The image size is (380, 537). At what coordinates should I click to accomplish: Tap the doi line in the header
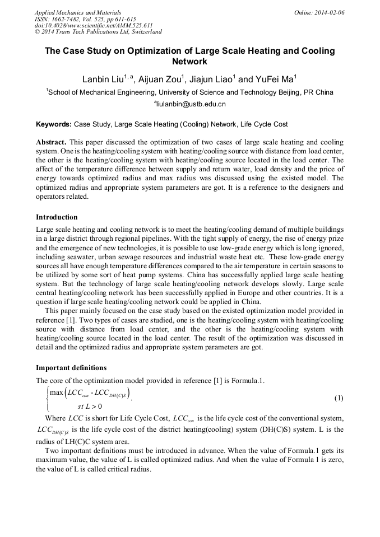pos(94,26)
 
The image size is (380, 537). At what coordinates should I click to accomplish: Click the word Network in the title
pos(189,62)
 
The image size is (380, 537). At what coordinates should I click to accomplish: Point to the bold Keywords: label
pos(54,124)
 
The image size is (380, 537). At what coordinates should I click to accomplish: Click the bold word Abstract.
pos(52,142)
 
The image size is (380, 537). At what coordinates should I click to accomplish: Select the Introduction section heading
pos(57,217)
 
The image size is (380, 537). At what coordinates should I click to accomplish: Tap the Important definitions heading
pos(71,368)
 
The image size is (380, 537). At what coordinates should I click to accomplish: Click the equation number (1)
pos(339,398)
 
